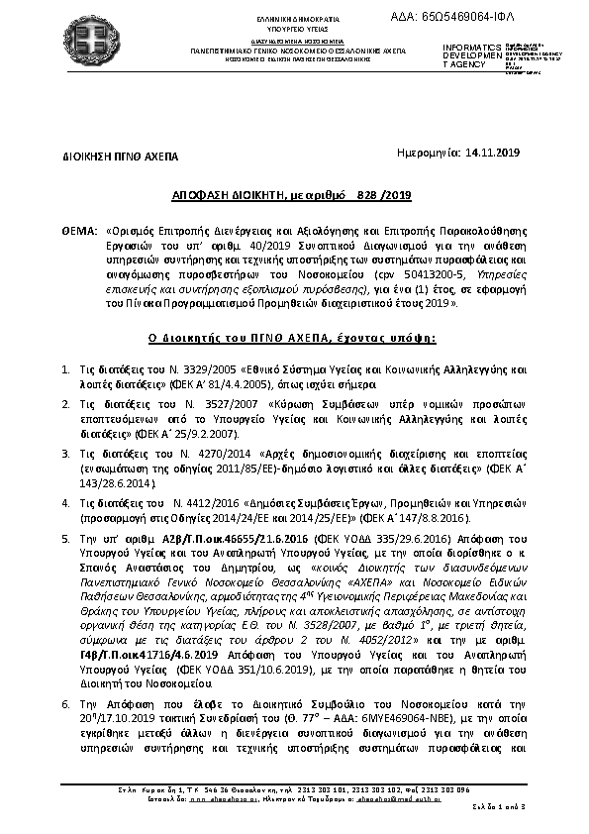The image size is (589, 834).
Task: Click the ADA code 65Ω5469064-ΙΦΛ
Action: tap(499, 17)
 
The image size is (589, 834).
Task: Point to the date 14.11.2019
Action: tap(492, 154)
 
